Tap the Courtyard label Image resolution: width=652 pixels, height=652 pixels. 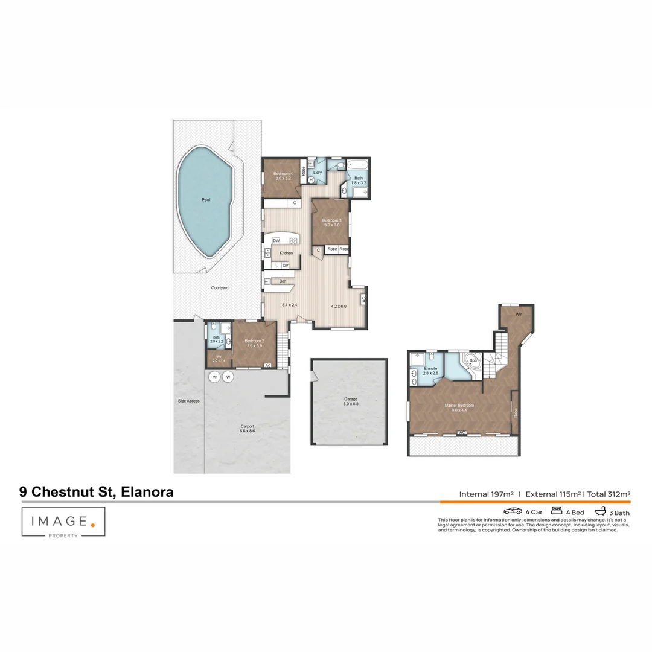pos(220,289)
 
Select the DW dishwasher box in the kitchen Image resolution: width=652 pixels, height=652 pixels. pos(276,241)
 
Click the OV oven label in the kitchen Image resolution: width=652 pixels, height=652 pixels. pos(285,265)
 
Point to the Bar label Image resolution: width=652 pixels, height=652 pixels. pos(282,281)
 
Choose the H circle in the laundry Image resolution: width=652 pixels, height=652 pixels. pos(312,180)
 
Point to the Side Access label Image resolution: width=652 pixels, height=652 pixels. pos(188,401)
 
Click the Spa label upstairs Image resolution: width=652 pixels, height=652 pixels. pos(473,360)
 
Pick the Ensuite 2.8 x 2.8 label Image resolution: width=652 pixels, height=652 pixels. pos(430,370)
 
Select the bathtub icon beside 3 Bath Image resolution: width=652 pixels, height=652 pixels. pos(599,511)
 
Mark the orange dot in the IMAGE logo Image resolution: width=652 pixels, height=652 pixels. pos(92,525)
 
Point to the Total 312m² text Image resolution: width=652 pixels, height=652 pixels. pos(609,494)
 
